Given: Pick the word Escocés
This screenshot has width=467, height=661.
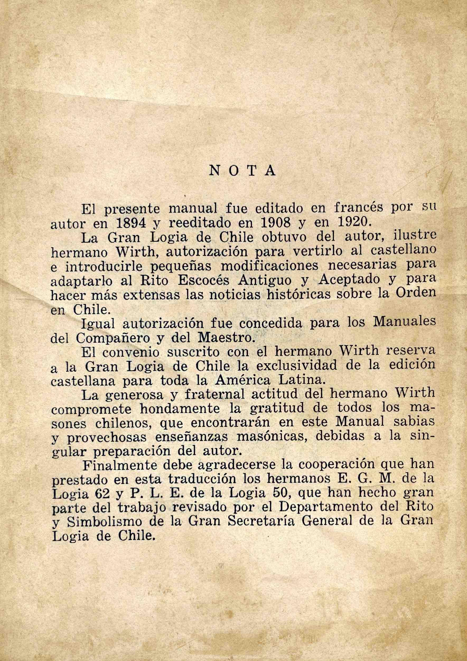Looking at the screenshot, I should pos(203,282).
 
